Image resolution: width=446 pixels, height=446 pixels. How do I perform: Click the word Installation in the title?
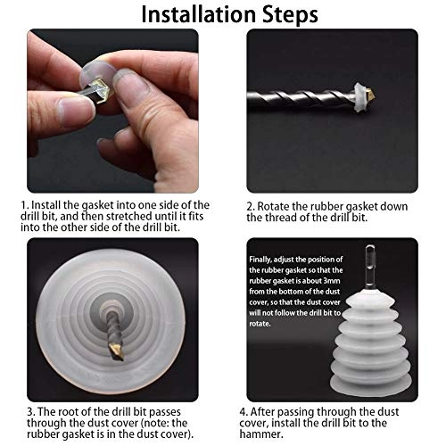point(198,15)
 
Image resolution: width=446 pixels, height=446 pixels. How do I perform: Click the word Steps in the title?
point(291,15)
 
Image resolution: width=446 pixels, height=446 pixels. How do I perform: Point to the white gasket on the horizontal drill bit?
point(360,97)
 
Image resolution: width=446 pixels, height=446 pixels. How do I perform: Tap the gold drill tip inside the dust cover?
point(116,351)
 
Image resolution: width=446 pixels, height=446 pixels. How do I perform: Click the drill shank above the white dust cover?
point(370,267)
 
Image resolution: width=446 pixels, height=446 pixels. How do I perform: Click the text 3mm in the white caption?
point(332,281)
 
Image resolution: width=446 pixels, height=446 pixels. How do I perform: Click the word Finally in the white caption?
point(260,260)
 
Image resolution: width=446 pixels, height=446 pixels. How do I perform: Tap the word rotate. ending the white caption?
point(260,324)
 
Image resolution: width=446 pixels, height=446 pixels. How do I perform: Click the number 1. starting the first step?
point(25,205)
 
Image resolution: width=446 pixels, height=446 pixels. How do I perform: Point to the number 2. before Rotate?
point(251,207)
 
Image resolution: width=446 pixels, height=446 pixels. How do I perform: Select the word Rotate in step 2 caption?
point(272,207)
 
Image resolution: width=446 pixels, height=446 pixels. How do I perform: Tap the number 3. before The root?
point(31,412)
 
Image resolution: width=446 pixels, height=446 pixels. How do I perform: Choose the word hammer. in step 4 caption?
point(257,434)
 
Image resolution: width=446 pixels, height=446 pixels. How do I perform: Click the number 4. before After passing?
point(244,412)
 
